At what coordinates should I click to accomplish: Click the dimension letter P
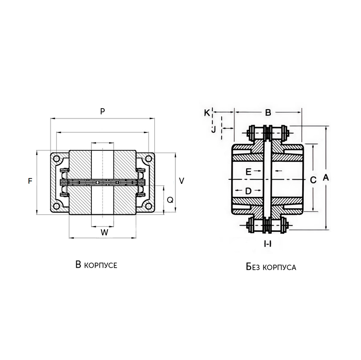tap(103, 111)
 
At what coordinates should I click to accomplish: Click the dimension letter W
tap(104, 232)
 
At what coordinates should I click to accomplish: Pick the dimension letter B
tap(268, 112)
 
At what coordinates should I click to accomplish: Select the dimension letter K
tap(207, 112)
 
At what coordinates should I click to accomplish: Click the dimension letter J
tap(214, 129)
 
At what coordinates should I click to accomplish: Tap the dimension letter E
tap(248, 171)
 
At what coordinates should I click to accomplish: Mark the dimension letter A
tap(325, 177)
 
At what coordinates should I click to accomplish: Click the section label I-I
tap(268, 244)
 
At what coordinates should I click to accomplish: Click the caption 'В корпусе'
tap(96, 265)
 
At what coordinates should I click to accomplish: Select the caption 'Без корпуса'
tap(268, 267)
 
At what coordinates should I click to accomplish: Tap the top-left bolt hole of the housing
tap(58, 159)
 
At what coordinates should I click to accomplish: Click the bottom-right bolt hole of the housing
tap(149, 206)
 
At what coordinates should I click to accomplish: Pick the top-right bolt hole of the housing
tap(149, 159)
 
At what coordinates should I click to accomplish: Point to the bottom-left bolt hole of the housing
tap(58, 206)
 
